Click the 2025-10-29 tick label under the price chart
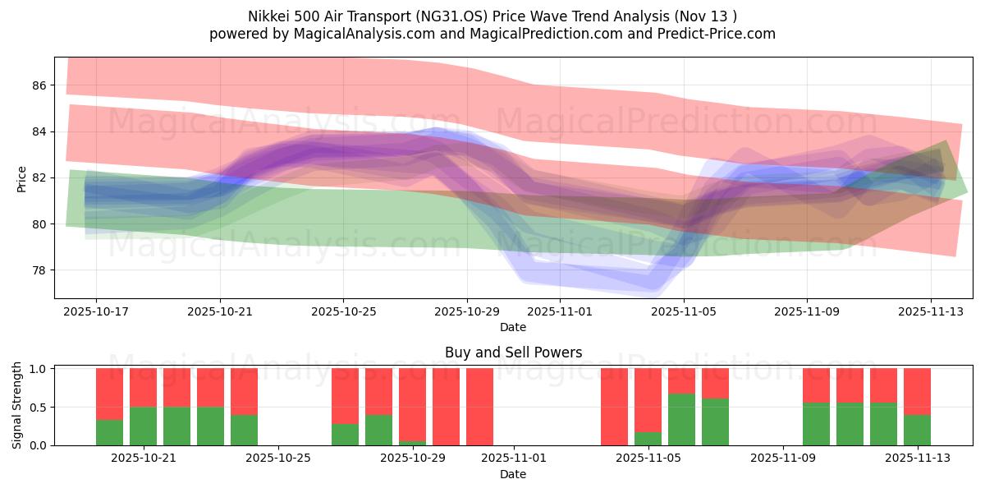click(466, 311)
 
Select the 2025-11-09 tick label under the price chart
click(806, 311)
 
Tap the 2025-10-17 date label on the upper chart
click(96, 311)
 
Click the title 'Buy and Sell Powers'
click(513, 352)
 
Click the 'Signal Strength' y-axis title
click(17, 405)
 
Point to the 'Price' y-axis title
click(22, 177)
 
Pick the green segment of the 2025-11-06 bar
click(681, 419)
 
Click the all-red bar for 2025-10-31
click(479, 407)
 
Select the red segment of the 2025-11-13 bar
click(917, 391)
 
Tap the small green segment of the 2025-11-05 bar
click(648, 439)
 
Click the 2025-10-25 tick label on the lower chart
click(279, 458)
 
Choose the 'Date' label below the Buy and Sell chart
click(513, 474)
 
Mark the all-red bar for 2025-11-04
click(614, 407)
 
